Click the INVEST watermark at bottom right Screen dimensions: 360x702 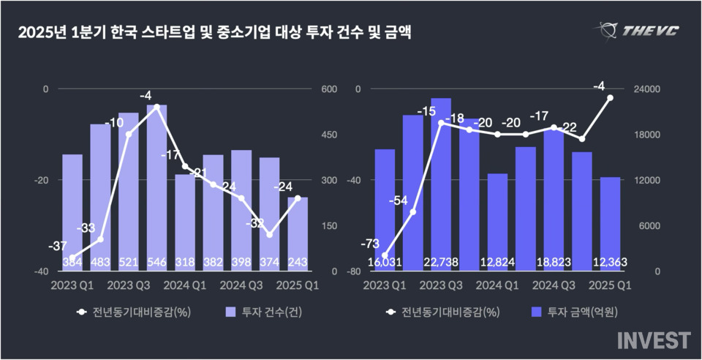pyautogui.click(x=653, y=340)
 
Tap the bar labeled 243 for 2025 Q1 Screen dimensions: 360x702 pyautogui.click(x=298, y=233)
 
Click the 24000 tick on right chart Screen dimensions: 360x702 pyautogui.click(x=647, y=89)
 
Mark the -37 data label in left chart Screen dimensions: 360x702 pyautogui.click(x=58, y=246)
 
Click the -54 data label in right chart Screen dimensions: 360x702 pyautogui.click(x=399, y=200)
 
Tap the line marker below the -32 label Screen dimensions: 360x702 pyautogui.click(x=270, y=235)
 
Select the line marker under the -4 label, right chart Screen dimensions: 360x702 pyautogui.click(x=610, y=97)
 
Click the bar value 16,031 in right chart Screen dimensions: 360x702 pyautogui.click(x=385, y=263)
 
